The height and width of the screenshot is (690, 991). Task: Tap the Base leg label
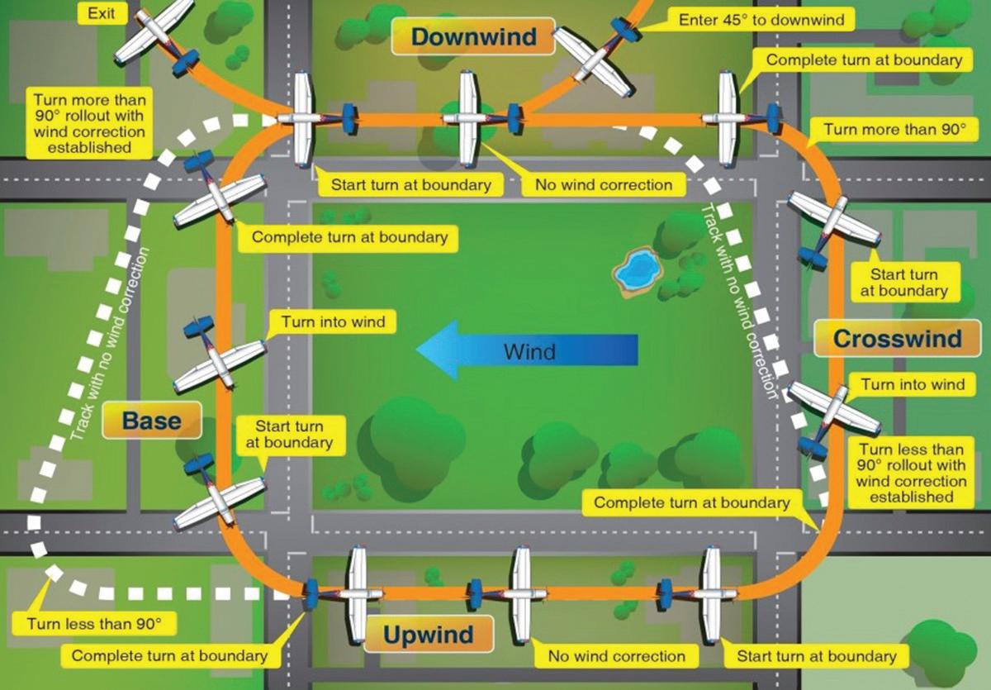[152, 421]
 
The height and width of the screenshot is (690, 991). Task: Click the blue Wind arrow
[528, 350]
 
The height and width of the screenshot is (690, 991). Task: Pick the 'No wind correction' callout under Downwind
[604, 184]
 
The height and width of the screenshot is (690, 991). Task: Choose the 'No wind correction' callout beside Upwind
[617, 656]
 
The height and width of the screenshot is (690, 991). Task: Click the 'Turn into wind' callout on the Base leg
[333, 321]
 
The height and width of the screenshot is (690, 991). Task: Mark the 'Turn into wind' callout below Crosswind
[913, 384]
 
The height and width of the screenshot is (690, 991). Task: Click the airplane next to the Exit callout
[155, 37]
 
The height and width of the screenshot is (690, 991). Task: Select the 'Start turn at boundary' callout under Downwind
[410, 184]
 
